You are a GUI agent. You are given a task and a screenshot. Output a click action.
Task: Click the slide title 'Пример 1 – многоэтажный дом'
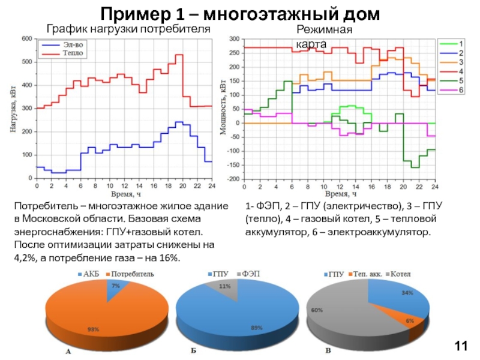239,13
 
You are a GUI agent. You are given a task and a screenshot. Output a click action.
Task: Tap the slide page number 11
461,346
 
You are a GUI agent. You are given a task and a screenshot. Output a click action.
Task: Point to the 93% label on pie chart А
93,329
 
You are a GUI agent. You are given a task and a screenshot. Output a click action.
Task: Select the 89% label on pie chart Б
240,328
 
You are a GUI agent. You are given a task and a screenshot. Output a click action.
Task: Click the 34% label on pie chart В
407,293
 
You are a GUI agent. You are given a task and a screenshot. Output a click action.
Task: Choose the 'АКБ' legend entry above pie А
90,273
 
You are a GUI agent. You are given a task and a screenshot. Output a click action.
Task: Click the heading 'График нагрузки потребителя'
128,29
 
